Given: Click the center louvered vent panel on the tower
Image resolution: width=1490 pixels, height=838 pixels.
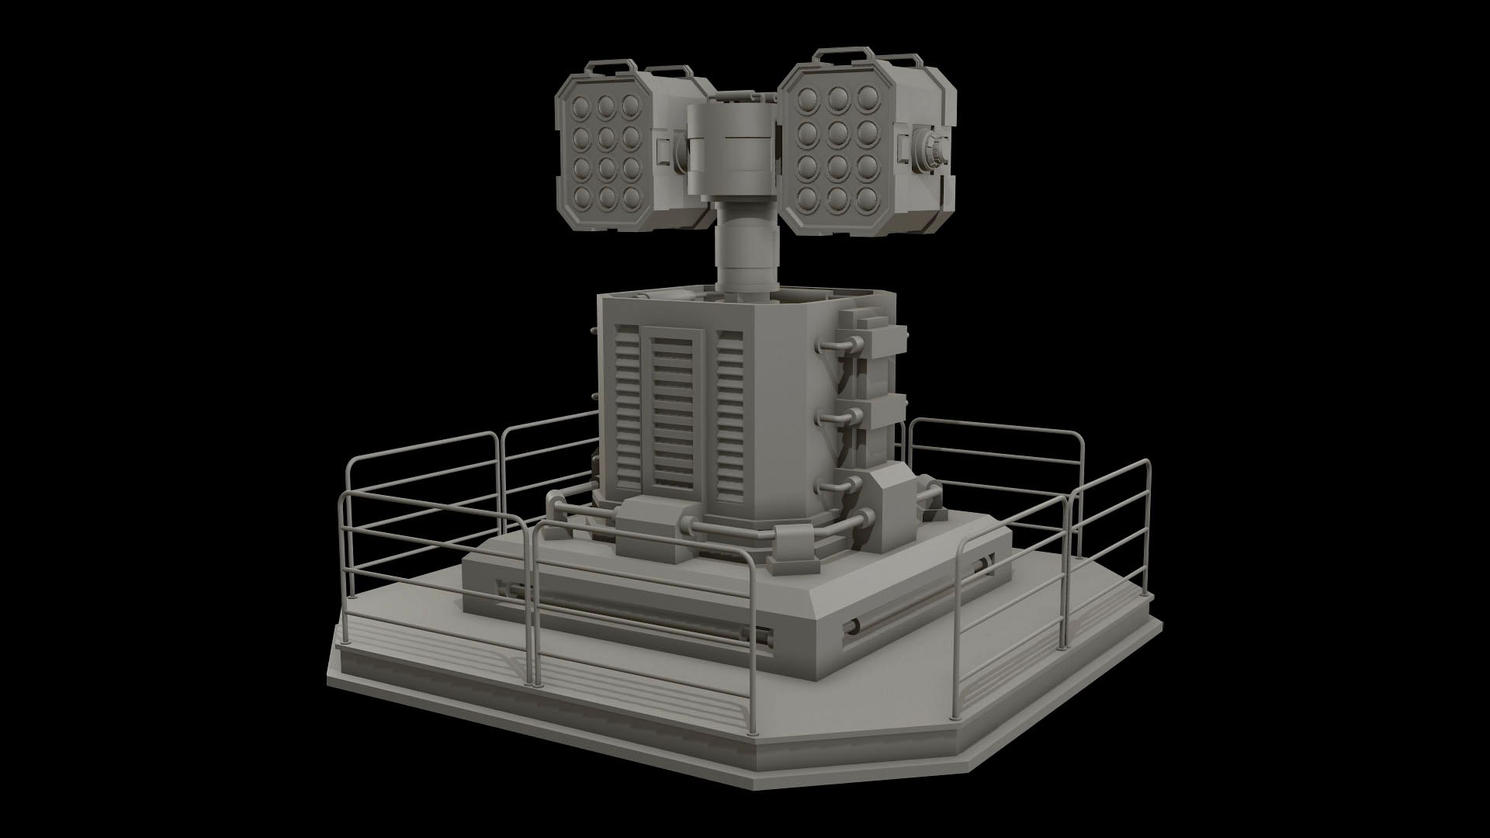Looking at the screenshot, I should click(672, 415).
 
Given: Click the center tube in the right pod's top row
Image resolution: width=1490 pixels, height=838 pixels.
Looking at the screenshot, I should click(837, 99).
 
